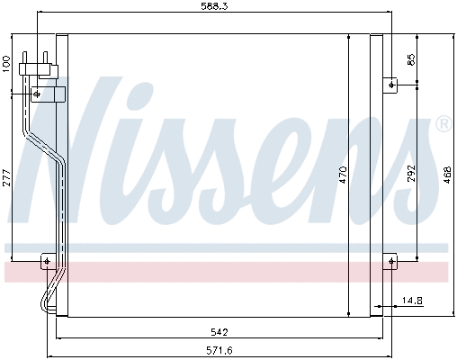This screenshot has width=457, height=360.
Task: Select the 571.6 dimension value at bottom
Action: click(x=212, y=352)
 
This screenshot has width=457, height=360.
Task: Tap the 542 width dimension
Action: click(x=212, y=330)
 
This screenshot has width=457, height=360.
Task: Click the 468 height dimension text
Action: click(x=447, y=175)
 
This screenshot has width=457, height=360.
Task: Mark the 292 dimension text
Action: click(x=411, y=174)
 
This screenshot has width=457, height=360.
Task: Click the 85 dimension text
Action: click(x=411, y=61)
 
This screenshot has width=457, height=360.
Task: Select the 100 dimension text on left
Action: click(x=6, y=62)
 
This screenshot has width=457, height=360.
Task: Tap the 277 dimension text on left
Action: click(x=6, y=177)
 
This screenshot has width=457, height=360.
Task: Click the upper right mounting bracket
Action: click(x=392, y=85)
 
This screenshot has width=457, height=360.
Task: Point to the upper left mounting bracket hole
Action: click(x=37, y=93)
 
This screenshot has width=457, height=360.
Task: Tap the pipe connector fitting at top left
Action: click(x=40, y=64)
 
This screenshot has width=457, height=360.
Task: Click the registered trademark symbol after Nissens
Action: click(x=443, y=125)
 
